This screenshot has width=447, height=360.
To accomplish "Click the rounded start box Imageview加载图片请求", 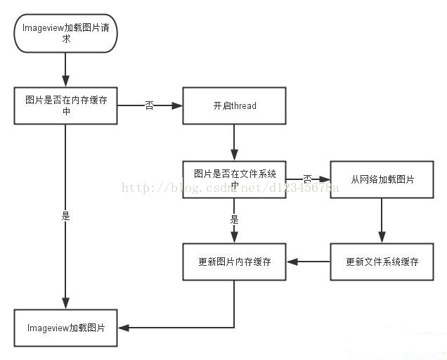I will pos(65,33).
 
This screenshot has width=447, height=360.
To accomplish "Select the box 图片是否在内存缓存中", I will pos(65,105).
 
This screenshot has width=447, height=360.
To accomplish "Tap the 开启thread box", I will pos(234,105).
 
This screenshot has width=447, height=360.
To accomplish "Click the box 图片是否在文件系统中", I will pos(234,179).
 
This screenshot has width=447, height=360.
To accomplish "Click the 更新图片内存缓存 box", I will pos(234,262).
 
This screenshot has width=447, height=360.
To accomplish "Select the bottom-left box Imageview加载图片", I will pos(65,328).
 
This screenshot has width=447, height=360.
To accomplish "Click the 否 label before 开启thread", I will pos(149,105).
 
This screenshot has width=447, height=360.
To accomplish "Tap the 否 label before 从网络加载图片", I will pos(307,179).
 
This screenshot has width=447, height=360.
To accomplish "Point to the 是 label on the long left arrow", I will pos(65,217).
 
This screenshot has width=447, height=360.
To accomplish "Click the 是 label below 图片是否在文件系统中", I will pos(234,220).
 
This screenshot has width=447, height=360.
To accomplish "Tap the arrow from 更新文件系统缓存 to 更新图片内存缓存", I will pos(308,262).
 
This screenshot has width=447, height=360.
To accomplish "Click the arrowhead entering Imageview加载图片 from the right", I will pos(124,328).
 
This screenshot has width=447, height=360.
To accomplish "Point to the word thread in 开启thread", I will pos(243,105).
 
